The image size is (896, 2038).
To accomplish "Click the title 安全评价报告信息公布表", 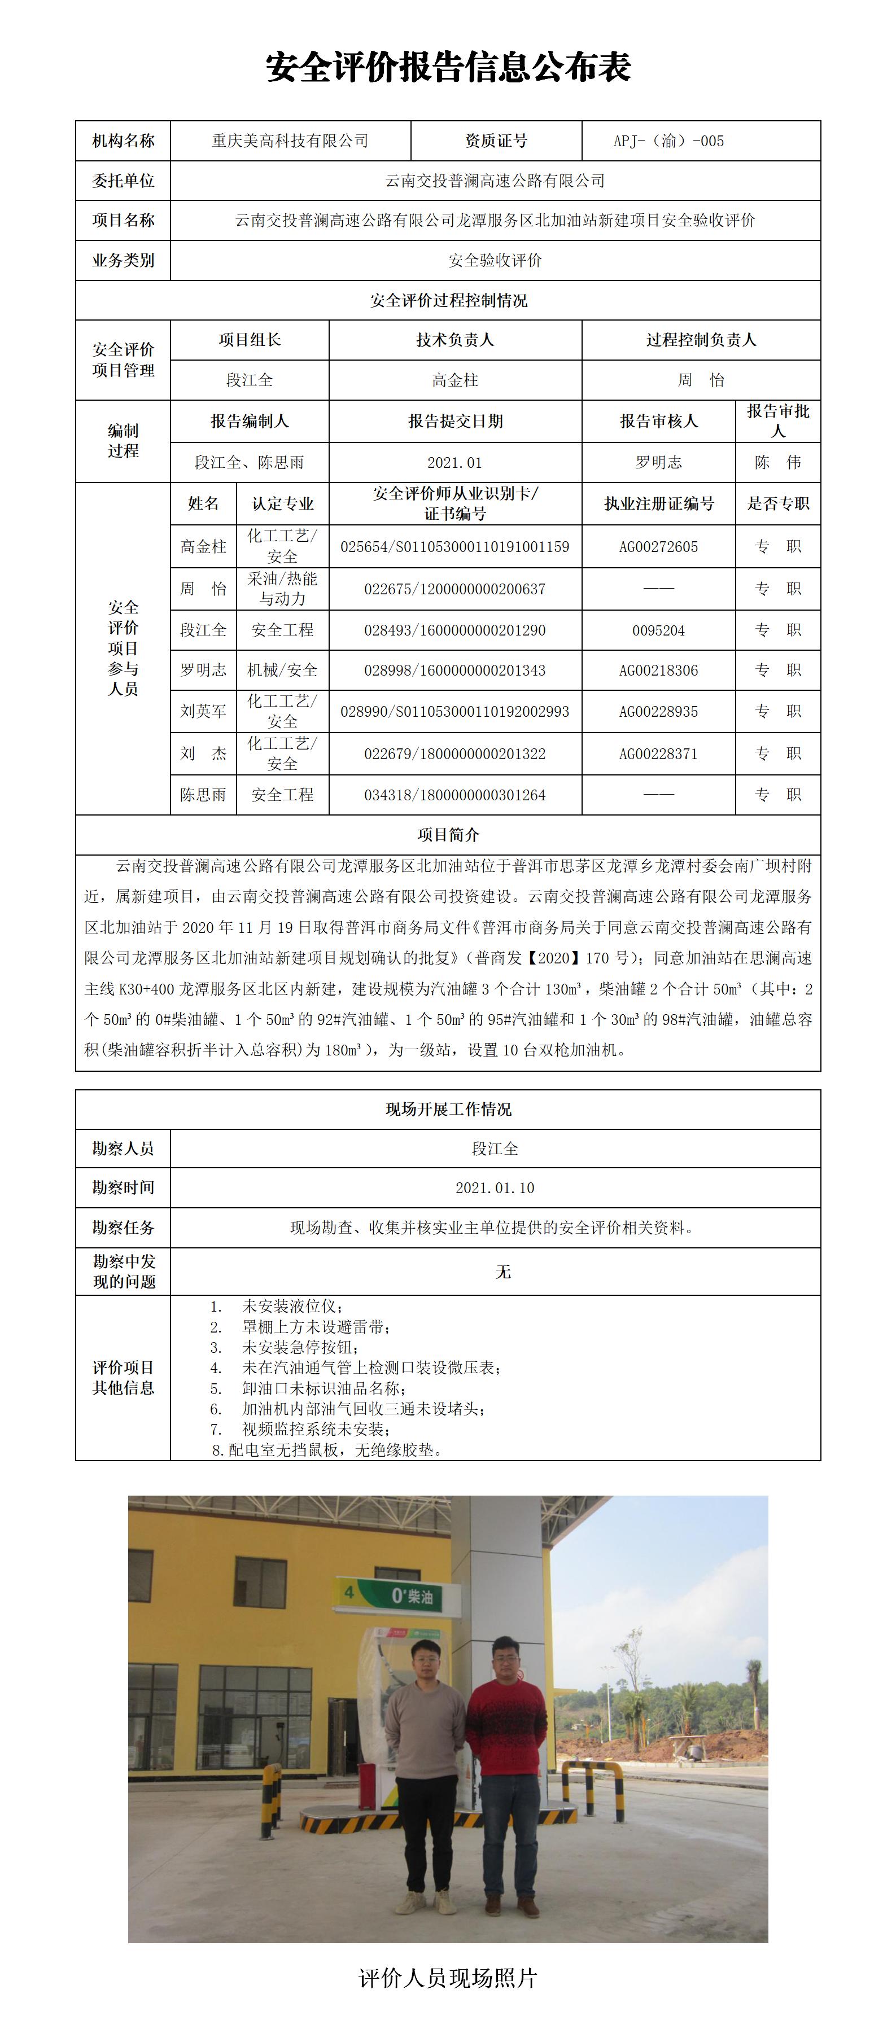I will tap(448, 68).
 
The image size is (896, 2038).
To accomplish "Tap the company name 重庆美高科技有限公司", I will tap(290, 141).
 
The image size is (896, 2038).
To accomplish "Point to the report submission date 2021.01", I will tap(454, 463).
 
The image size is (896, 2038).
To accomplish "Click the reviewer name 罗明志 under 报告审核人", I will tap(658, 463).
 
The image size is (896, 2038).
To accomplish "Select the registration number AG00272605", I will tap(658, 547).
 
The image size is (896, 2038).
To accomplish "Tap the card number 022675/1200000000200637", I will tap(454, 589).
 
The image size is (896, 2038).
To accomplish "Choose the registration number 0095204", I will tap(658, 630).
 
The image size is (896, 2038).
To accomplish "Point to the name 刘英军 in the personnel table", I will tap(203, 711).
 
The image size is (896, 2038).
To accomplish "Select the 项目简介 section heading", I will tap(448, 835).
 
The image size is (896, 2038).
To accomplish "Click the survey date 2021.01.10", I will tap(495, 1187).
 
